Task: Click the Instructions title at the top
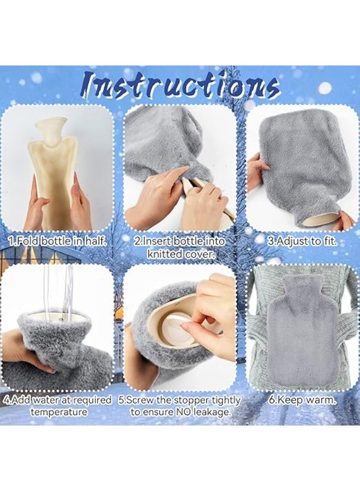(180, 86)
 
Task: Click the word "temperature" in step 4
(58, 412)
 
